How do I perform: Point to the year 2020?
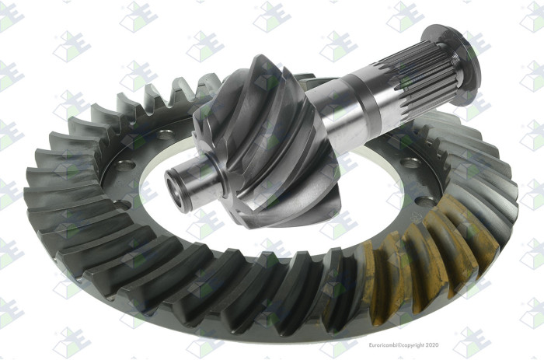pos(431,345)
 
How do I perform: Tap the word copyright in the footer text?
pos(413,345)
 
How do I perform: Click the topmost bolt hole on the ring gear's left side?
pos(165,134)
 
